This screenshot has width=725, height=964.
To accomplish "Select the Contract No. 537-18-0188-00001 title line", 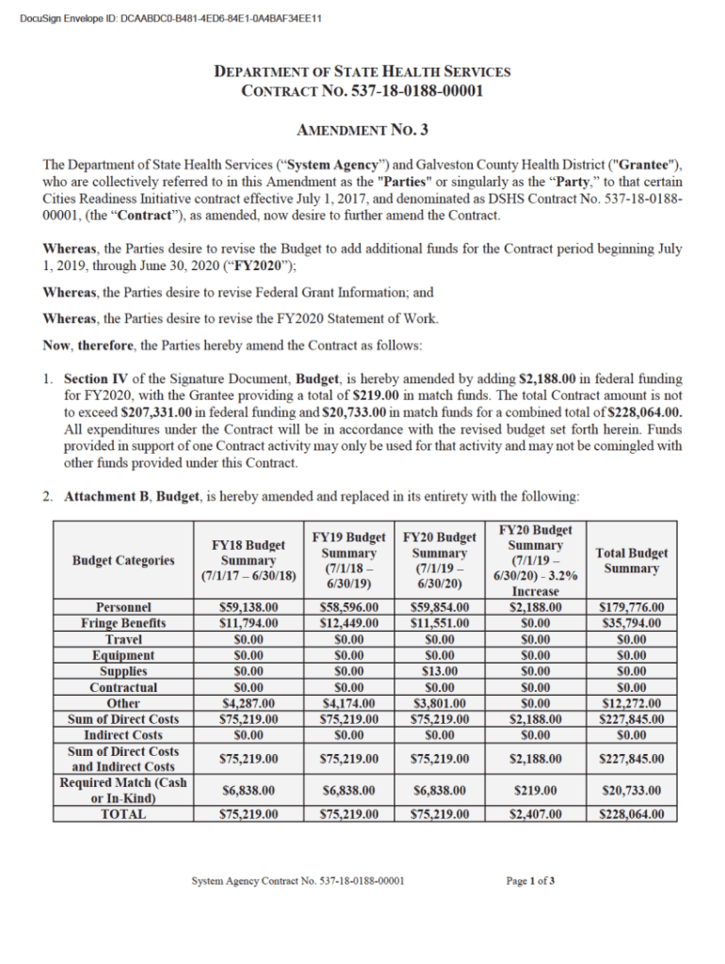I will point(362,91).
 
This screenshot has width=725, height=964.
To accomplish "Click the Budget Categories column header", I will point(123,560).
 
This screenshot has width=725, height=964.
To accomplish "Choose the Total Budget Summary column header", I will point(632,560).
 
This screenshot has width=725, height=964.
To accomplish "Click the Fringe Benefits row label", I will point(123,623).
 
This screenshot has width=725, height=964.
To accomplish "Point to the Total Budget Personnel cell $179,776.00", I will point(632,607).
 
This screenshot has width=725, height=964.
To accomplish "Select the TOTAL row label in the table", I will point(123,814).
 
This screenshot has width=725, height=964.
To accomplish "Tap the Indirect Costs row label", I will point(123,735).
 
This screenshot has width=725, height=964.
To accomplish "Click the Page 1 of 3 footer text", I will point(530,881).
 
